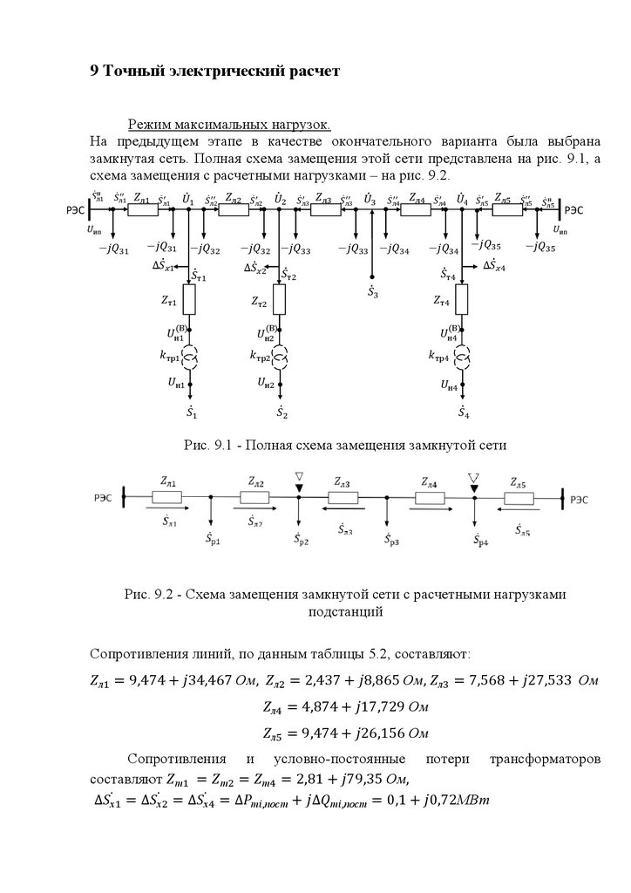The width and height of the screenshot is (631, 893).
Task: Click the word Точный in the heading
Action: coord(137,71)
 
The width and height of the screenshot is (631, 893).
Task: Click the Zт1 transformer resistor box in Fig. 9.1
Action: coord(190,301)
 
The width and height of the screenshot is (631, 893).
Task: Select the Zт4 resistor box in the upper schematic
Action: coord(462,302)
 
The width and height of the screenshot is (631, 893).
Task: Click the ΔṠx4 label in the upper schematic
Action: coord(499,264)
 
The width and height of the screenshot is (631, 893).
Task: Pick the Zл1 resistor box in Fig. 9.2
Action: coord(166,498)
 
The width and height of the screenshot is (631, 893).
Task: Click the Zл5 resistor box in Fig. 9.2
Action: coord(519,498)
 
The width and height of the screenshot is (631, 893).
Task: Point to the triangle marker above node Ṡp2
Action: coord(299,476)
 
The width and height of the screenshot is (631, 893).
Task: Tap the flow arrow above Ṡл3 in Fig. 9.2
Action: coord(342,515)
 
